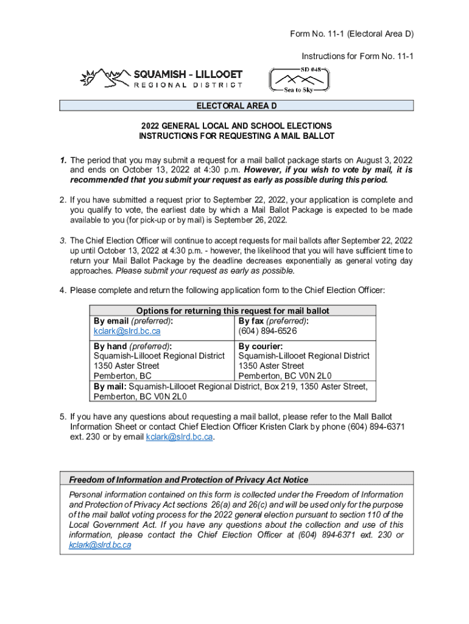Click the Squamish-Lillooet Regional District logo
[x=161, y=78]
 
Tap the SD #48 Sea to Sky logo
[x=299, y=79]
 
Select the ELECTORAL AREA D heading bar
[x=236, y=106]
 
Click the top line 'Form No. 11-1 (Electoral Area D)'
[x=352, y=34]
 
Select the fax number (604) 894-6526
[x=267, y=331]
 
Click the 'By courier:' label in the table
[x=260, y=346]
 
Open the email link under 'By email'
[x=127, y=331]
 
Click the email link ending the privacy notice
[x=100, y=545]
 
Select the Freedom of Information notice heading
[x=189, y=480]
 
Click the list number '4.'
[x=63, y=289]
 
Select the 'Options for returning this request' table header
[x=233, y=311]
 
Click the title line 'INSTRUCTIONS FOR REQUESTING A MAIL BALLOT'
[x=236, y=136]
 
